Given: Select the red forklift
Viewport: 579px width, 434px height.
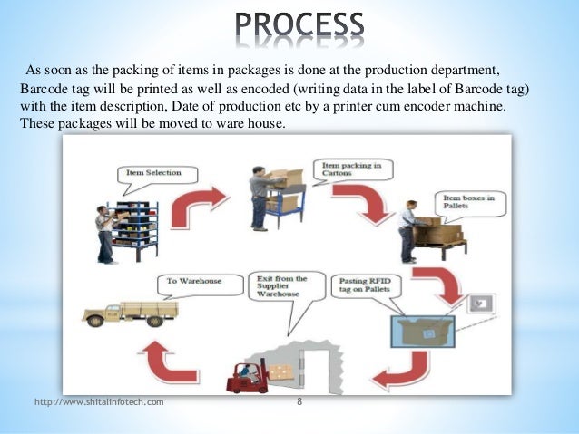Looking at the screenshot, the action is click(x=250, y=374).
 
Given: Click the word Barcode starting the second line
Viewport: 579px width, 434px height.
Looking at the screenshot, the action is click(x=44, y=92).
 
